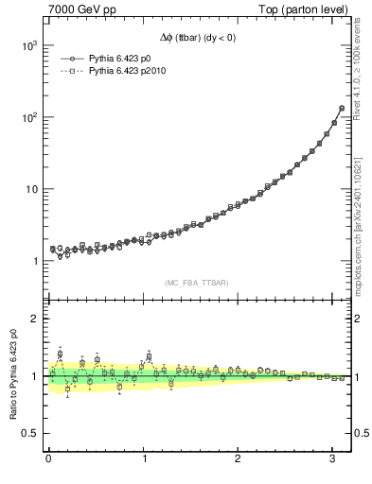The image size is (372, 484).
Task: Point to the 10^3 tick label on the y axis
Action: point(26,45)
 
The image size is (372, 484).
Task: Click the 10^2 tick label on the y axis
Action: point(26,117)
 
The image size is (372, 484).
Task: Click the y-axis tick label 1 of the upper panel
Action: point(33,261)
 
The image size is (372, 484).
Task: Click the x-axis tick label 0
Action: point(47,459)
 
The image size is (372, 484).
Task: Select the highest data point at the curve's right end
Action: point(341,108)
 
